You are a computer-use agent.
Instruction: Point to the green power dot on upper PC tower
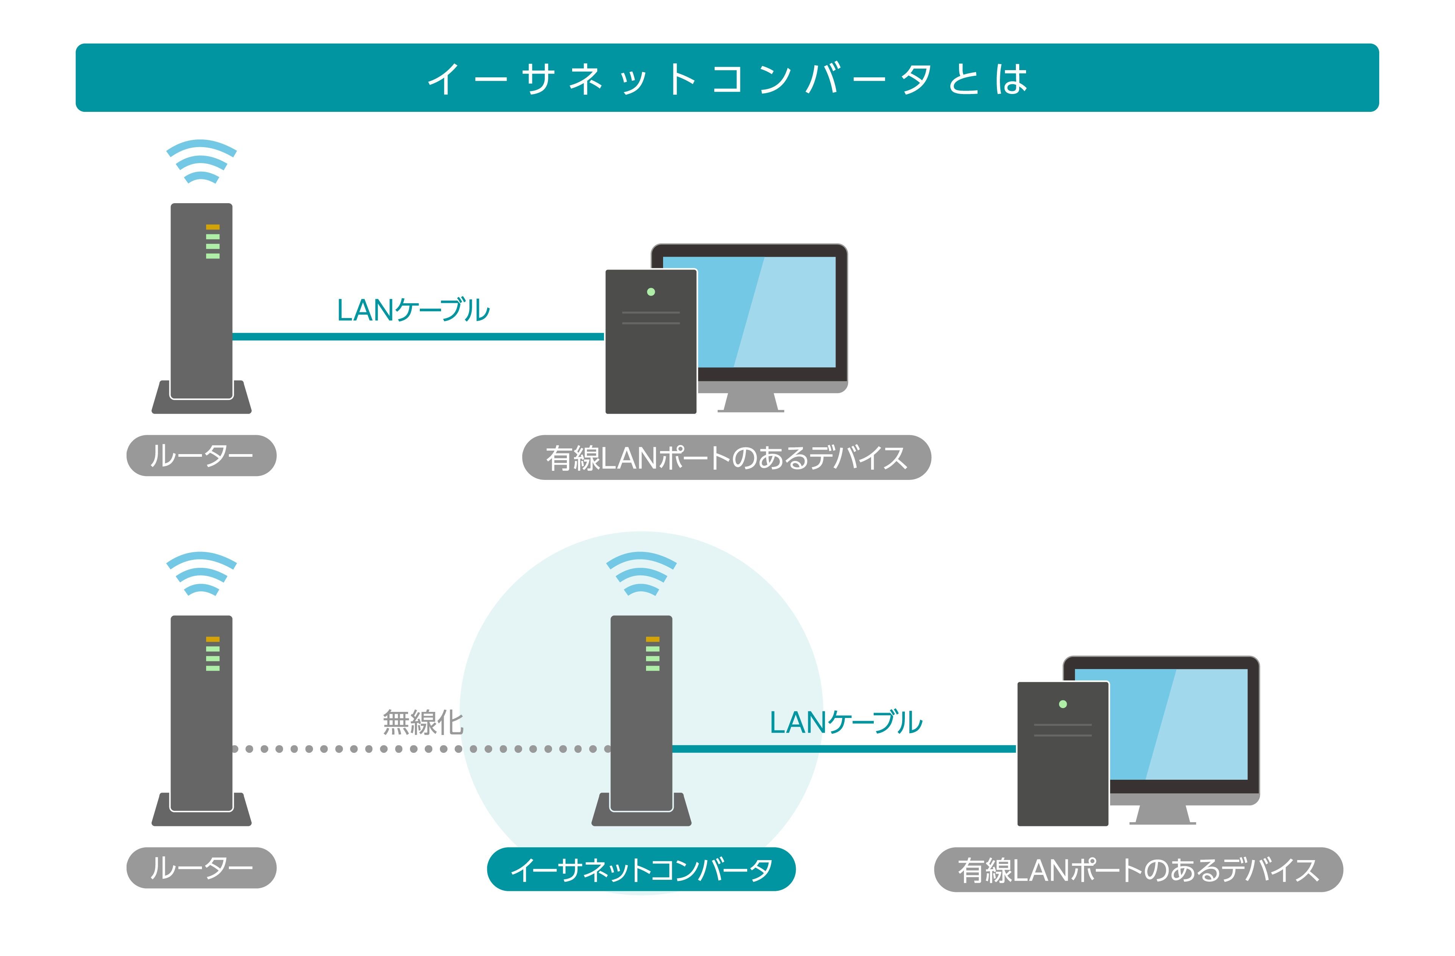(651, 292)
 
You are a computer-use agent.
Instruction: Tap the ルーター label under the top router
(201, 456)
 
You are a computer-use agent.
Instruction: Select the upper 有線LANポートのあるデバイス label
(726, 458)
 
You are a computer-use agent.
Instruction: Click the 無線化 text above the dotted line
(423, 722)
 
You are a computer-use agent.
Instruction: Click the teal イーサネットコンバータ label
(641, 869)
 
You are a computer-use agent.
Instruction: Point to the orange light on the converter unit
(652, 639)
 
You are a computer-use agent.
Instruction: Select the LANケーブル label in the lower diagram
(845, 722)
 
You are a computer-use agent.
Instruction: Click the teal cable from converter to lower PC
(844, 749)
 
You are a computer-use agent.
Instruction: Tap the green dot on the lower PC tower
(1062, 704)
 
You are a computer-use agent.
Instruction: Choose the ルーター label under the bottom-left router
(201, 868)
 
